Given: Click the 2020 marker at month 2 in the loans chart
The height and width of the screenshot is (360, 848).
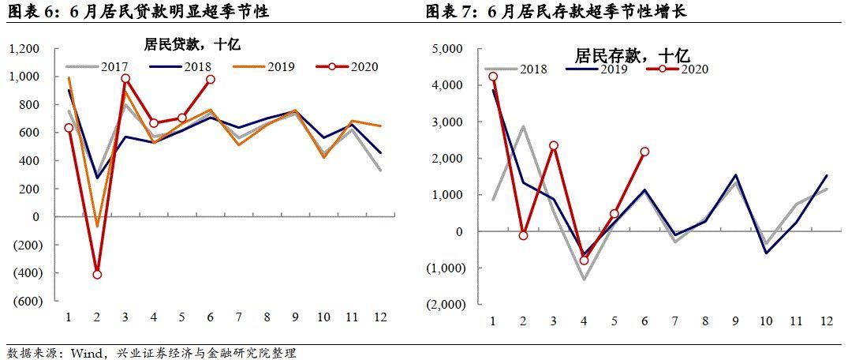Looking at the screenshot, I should click(x=97, y=275).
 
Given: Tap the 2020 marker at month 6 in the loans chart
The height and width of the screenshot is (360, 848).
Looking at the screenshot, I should click(x=210, y=79).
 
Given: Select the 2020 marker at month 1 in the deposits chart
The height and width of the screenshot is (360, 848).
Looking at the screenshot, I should click(x=493, y=77).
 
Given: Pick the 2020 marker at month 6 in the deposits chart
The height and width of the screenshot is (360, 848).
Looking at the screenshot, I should click(x=644, y=152).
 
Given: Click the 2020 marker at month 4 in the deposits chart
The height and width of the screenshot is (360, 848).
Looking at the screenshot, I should click(x=584, y=261).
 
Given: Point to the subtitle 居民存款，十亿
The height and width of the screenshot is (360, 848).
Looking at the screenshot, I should click(x=633, y=55).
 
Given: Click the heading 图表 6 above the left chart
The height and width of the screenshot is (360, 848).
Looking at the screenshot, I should click(x=32, y=11).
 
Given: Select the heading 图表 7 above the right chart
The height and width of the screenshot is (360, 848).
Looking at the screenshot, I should click(x=450, y=11).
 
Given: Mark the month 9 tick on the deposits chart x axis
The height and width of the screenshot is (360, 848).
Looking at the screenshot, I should click(x=735, y=321).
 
